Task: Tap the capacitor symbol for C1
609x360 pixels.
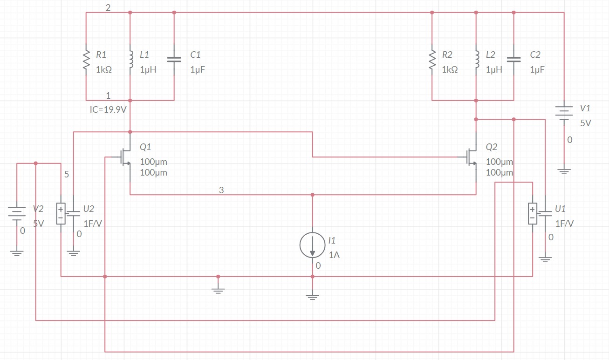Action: click(x=174, y=60)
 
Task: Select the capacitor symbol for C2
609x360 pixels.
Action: click(x=513, y=60)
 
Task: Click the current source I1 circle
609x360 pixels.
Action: click(x=312, y=245)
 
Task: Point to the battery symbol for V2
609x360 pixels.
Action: click(x=17, y=214)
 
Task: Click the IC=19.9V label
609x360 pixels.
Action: click(x=109, y=110)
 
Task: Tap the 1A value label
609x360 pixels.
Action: click(x=334, y=255)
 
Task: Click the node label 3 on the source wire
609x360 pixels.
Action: click(x=221, y=190)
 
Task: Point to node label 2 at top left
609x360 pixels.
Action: click(x=108, y=8)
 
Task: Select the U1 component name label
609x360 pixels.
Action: click(x=560, y=209)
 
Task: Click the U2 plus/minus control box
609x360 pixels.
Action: click(x=61, y=213)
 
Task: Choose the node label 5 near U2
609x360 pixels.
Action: click(x=67, y=175)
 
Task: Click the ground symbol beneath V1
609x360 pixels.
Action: click(x=564, y=171)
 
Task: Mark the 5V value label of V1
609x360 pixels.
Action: click(x=585, y=123)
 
